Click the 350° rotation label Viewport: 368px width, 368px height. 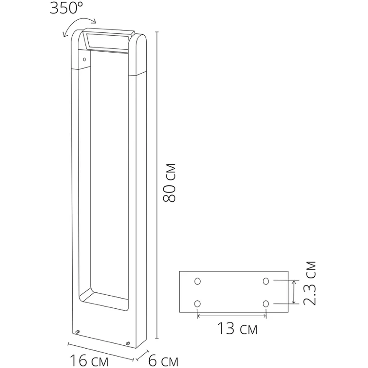(x=67, y=8)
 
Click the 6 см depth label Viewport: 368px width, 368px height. (x=164, y=361)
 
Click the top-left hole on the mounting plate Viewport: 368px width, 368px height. (x=198, y=281)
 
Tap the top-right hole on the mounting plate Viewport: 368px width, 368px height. (x=266, y=281)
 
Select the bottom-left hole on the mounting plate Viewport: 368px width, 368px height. (x=198, y=303)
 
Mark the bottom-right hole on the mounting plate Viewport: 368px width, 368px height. (x=266, y=303)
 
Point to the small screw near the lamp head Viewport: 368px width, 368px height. (x=84, y=60)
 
